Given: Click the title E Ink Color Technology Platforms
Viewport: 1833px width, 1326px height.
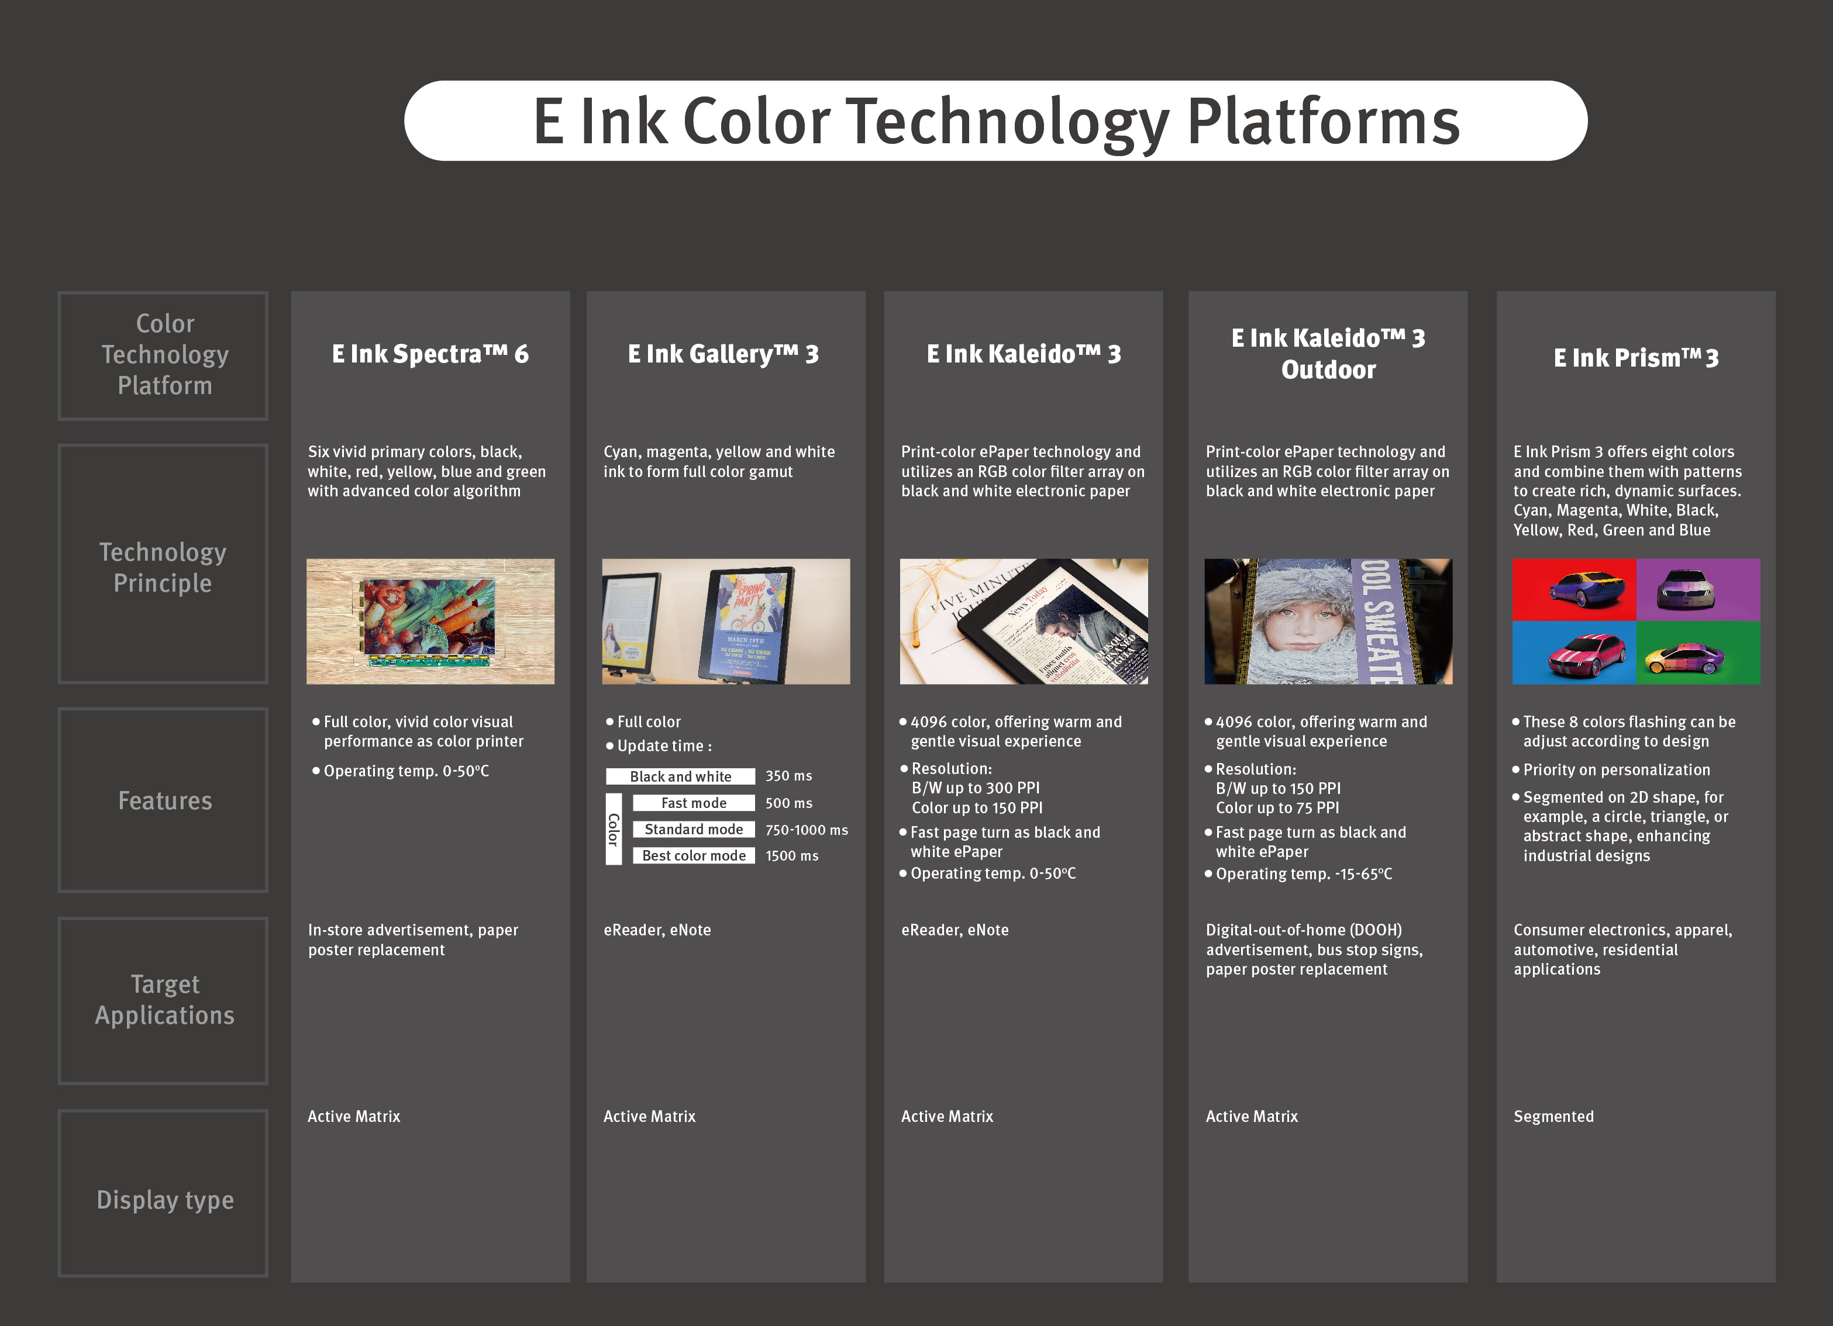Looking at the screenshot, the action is click(x=995, y=121).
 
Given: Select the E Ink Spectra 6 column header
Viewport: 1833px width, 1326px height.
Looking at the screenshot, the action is click(x=430, y=354).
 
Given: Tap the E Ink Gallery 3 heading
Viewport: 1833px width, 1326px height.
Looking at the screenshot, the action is click(x=723, y=354).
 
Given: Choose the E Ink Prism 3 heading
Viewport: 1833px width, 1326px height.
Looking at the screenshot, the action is click(x=1636, y=358).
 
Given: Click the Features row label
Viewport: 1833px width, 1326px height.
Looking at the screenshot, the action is click(x=165, y=801).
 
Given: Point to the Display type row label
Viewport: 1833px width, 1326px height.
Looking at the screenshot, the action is click(x=165, y=1200).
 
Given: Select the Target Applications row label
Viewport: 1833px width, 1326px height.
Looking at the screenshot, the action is click(x=165, y=1000).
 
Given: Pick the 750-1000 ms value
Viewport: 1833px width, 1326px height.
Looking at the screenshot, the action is click(x=807, y=830).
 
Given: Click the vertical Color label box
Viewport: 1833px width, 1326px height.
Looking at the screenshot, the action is click(x=614, y=829).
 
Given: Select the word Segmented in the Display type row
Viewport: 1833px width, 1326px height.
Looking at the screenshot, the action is click(x=1553, y=1117).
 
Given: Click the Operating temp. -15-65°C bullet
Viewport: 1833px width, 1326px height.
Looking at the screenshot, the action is click(x=1299, y=874).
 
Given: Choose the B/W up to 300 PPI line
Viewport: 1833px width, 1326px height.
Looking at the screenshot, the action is click(x=976, y=788).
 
